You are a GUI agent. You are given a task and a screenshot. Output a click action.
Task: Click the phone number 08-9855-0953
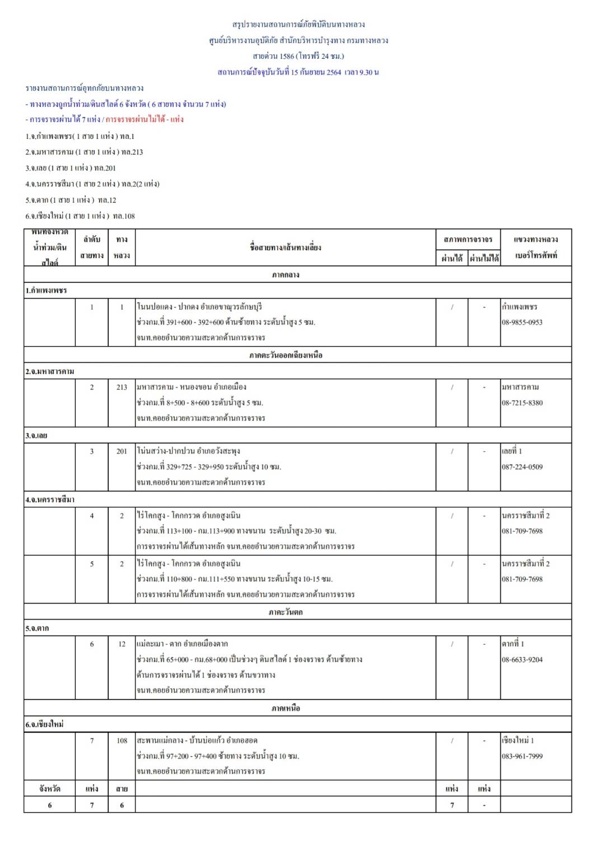(522, 322)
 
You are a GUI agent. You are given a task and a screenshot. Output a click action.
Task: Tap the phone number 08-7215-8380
(522, 403)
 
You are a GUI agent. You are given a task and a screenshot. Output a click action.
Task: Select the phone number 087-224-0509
(522, 467)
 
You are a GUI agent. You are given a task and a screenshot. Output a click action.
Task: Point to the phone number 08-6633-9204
(522, 660)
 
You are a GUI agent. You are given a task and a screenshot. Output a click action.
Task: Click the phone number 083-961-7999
(522, 756)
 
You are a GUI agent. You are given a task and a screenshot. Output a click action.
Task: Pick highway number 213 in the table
(122, 387)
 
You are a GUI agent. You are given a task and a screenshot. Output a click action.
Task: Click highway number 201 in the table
(122, 451)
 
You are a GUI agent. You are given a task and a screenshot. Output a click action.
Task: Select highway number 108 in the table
(122, 741)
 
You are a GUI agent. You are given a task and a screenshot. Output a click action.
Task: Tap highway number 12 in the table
(122, 644)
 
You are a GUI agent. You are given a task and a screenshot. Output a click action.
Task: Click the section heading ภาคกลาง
(286, 275)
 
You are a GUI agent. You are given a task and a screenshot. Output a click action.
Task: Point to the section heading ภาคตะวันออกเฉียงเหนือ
(286, 355)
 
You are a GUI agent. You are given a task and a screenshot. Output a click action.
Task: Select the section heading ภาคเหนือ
(286, 708)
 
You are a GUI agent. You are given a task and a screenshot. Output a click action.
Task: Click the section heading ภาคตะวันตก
(286, 612)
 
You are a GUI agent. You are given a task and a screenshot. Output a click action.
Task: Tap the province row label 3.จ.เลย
(36, 436)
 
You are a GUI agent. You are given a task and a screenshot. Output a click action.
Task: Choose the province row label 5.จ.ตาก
(37, 629)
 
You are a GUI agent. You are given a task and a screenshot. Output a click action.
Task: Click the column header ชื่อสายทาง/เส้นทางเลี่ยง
(286, 247)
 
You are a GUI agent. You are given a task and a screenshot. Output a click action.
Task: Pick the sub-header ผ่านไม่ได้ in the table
(484, 258)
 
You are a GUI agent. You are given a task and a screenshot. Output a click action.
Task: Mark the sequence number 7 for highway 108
(92, 741)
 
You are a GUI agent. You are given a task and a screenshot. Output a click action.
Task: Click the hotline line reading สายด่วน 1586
(299, 56)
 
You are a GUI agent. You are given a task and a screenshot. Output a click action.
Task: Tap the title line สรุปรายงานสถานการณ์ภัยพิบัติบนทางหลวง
(299, 25)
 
